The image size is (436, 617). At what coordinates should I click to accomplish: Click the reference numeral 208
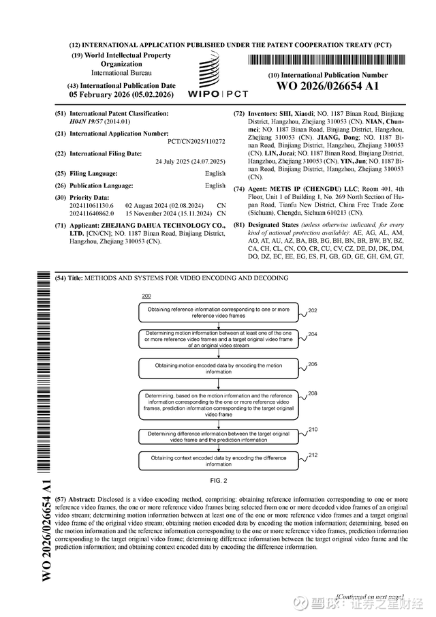coord(313,393)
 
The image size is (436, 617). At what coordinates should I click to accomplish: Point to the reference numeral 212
coord(313,454)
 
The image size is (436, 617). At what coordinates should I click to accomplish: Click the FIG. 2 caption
coord(219,480)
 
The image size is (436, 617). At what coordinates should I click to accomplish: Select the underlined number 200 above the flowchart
coord(146,296)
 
